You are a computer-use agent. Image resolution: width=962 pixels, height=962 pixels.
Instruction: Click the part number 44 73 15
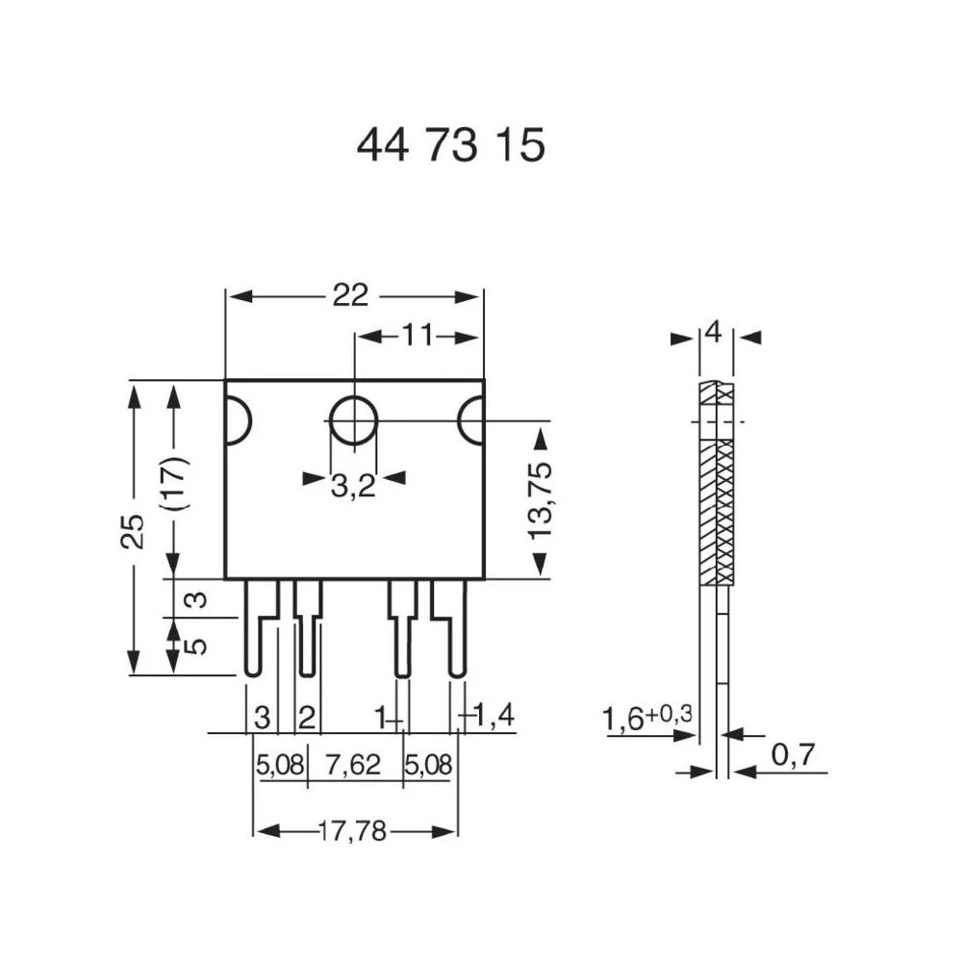click(x=450, y=145)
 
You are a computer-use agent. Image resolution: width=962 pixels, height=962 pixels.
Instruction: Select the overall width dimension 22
click(x=350, y=295)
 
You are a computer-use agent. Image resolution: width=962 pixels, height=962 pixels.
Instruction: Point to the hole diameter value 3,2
click(x=353, y=487)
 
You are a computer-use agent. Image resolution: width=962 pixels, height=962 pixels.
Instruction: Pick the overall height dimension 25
click(x=136, y=530)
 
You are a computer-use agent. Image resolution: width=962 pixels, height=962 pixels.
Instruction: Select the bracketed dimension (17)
click(x=175, y=481)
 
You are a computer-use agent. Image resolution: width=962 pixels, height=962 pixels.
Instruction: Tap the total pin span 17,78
click(x=353, y=831)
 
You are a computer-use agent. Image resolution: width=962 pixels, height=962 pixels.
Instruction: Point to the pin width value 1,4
click(x=495, y=715)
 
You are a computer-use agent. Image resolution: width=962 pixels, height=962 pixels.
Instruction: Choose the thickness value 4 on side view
click(x=713, y=333)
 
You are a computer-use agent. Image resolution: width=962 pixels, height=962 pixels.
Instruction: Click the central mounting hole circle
click(x=353, y=421)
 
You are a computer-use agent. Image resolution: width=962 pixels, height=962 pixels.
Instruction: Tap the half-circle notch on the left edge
click(x=237, y=421)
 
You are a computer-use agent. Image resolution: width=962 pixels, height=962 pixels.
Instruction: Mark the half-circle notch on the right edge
click(x=471, y=421)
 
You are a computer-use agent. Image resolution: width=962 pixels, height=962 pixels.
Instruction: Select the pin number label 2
click(x=306, y=717)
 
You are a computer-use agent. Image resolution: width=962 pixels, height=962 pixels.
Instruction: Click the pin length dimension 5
click(x=195, y=645)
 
